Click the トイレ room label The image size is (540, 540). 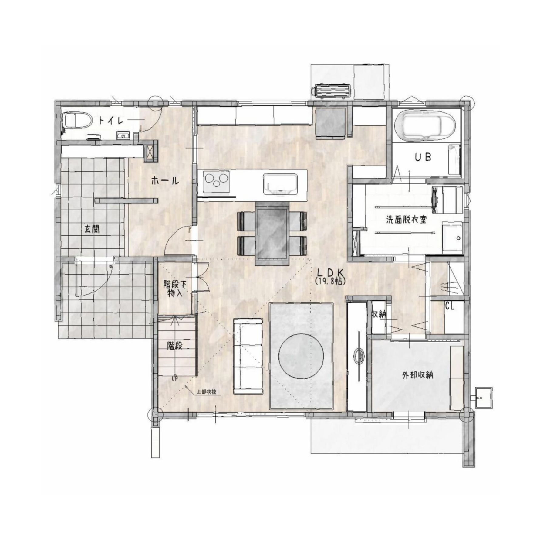[x=111, y=121]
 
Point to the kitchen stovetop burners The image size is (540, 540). [x=217, y=181]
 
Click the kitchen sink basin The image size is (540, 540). [x=280, y=184]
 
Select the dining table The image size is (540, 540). [x=272, y=233]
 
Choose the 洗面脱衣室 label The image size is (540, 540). [x=406, y=220]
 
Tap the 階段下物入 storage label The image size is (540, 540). [x=174, y=289]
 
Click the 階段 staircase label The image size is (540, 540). [x=174, y=345]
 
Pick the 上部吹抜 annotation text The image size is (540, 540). [x=206, y=391]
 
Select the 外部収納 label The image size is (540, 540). [x=417, y=375]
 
